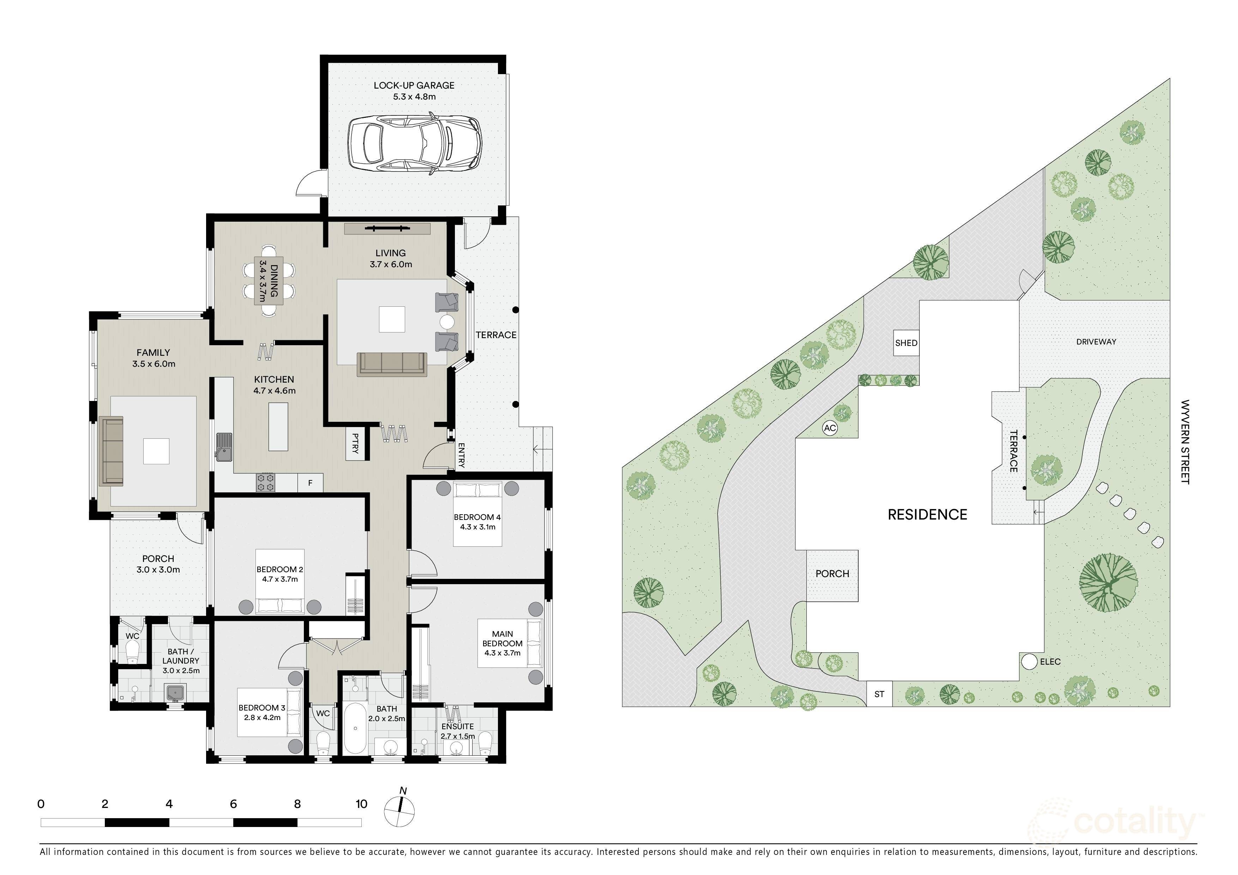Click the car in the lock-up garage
414,142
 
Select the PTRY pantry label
355,444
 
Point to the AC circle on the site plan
830,428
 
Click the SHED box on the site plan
906,343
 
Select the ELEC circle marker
1030,661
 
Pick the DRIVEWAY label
1096,342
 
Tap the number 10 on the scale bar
361,804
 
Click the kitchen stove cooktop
265,483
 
